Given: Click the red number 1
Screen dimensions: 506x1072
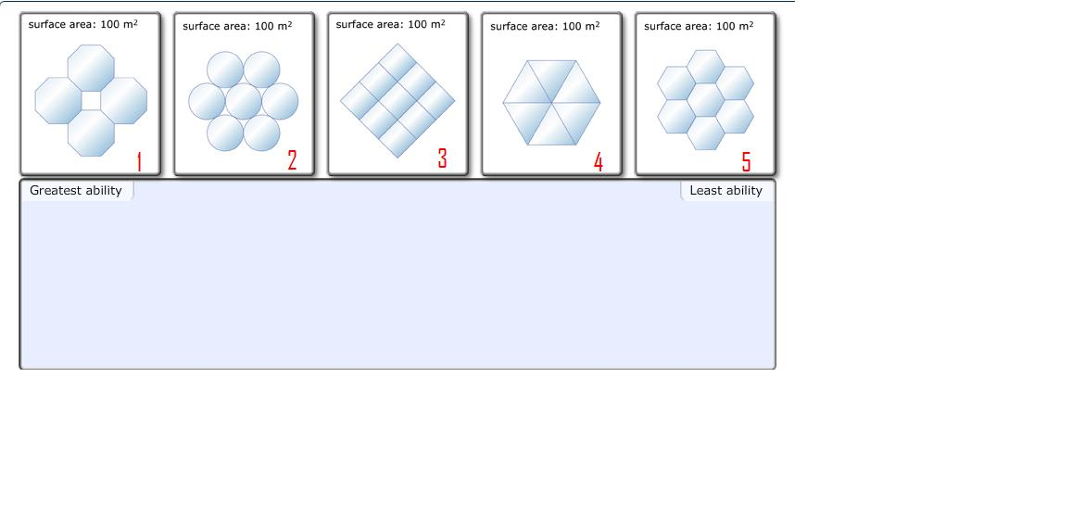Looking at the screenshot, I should [139, 161].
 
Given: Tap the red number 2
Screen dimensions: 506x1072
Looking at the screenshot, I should [292, 160].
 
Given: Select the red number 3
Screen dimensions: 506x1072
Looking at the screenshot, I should [442, 158].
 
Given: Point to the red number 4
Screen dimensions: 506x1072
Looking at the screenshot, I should [599, 162].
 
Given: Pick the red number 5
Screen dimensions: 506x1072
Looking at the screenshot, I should [746, 162].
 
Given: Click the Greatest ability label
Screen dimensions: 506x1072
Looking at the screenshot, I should [76, 191].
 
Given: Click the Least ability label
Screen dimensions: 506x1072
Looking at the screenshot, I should [725, 191].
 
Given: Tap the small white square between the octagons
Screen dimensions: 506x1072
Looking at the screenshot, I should [91, 100].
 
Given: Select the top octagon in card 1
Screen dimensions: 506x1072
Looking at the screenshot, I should [91, 68].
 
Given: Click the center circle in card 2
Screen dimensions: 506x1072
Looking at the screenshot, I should [244, 101].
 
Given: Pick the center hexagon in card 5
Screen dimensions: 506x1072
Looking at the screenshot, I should [706, 100].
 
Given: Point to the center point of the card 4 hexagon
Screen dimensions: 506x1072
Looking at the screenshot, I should [552, 102].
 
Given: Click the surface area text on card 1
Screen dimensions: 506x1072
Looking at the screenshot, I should [82, 24].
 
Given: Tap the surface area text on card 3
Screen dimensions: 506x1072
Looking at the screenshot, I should [390, 24].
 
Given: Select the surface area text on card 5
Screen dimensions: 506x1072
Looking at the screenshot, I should [699, 26].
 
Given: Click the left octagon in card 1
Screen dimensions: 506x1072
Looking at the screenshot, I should [58, 100].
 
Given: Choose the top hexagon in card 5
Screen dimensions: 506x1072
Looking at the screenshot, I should [706, 66].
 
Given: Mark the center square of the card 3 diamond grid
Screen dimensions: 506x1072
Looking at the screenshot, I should [397, 100].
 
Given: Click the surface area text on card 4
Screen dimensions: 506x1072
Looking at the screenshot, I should [545, 26].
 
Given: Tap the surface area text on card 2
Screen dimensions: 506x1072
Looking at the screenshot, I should [237, 26].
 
